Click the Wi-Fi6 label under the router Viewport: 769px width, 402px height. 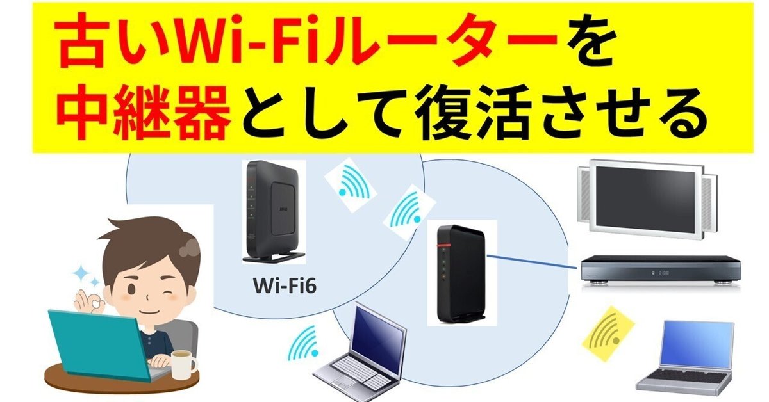pyautogui.click(x=285, y=285)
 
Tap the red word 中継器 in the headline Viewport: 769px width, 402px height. pyautogui.click(x=144, y=113)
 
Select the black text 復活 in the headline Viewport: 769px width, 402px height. pyautogui.click(x=474, y=113)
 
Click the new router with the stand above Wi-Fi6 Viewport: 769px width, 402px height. pyautogui.click(x=274, y=212)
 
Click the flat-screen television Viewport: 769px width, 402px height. pyautogui.click(x=647, y=201)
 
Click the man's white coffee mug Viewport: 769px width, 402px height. pyautogui.click(x=184, y=364)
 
